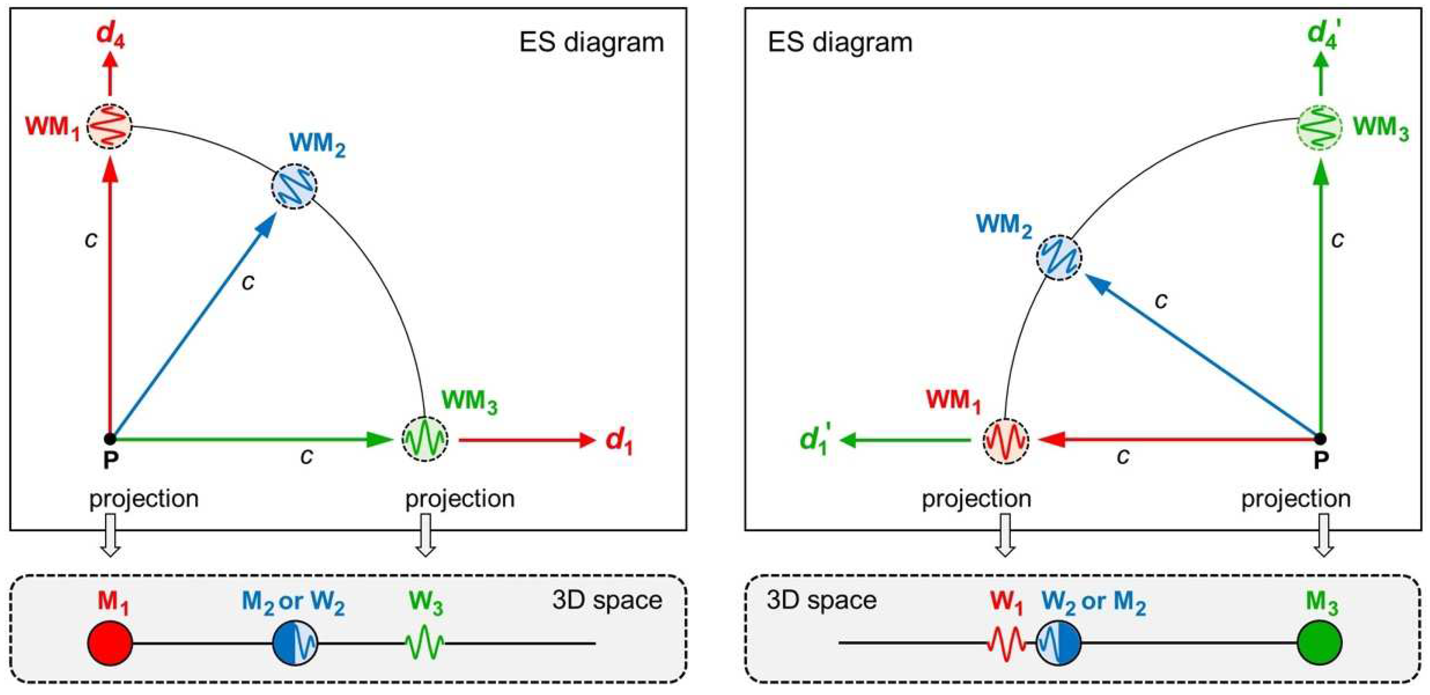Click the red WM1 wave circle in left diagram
coord(109,126)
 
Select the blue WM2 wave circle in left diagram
coord(294,186)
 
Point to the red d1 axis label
coord(618,442)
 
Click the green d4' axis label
coord(1325,33)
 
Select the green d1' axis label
coord(815,441)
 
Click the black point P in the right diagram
coord(1321,439)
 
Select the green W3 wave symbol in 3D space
coord(425,643)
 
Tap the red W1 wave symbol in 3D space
coord(1006,643)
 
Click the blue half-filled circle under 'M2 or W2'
coord(295,643)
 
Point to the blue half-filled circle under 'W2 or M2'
coord(1059,643)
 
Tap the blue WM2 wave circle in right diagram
coord(1059,257)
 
